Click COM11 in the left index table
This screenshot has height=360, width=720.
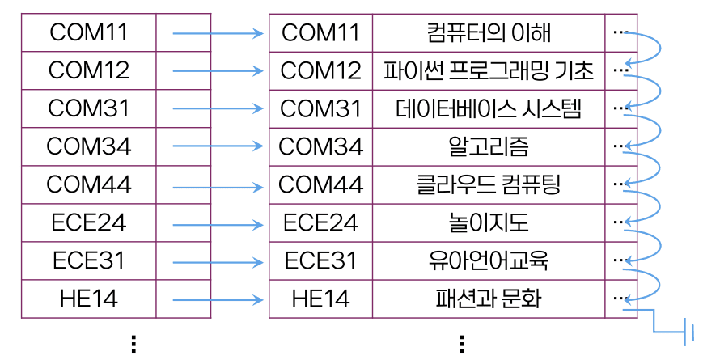[x=89, y=33]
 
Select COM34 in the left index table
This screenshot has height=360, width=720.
[x=89, y=146]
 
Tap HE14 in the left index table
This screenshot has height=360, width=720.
[x=89, y=299]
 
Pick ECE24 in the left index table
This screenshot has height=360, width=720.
[x=89, y=222]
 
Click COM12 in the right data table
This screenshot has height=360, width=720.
[x=320, y=70]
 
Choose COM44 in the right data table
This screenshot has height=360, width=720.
[x=320, y=184]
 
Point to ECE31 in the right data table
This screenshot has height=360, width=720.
[x=320, y=260]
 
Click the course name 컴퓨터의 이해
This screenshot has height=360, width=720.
[x=489, y=33]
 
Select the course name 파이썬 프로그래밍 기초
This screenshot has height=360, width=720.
[x=489, y=70]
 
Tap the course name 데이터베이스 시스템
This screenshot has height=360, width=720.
[x=489, y=108]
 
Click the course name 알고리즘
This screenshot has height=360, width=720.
[x=489, y=146]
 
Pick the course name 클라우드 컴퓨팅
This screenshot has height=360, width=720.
[x=489, y=184]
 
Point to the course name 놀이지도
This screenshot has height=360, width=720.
[x=489, y=222]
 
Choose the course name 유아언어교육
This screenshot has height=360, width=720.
[x=489, y=260]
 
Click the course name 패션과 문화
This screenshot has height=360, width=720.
[x=489, y=299]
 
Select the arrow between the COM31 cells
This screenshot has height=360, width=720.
[x=218, y=109]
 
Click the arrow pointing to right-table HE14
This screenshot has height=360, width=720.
[x=218, y=299]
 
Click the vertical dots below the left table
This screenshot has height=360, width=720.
[x=133, y=344]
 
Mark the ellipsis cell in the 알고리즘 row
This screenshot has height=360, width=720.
[x=620, y=146]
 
